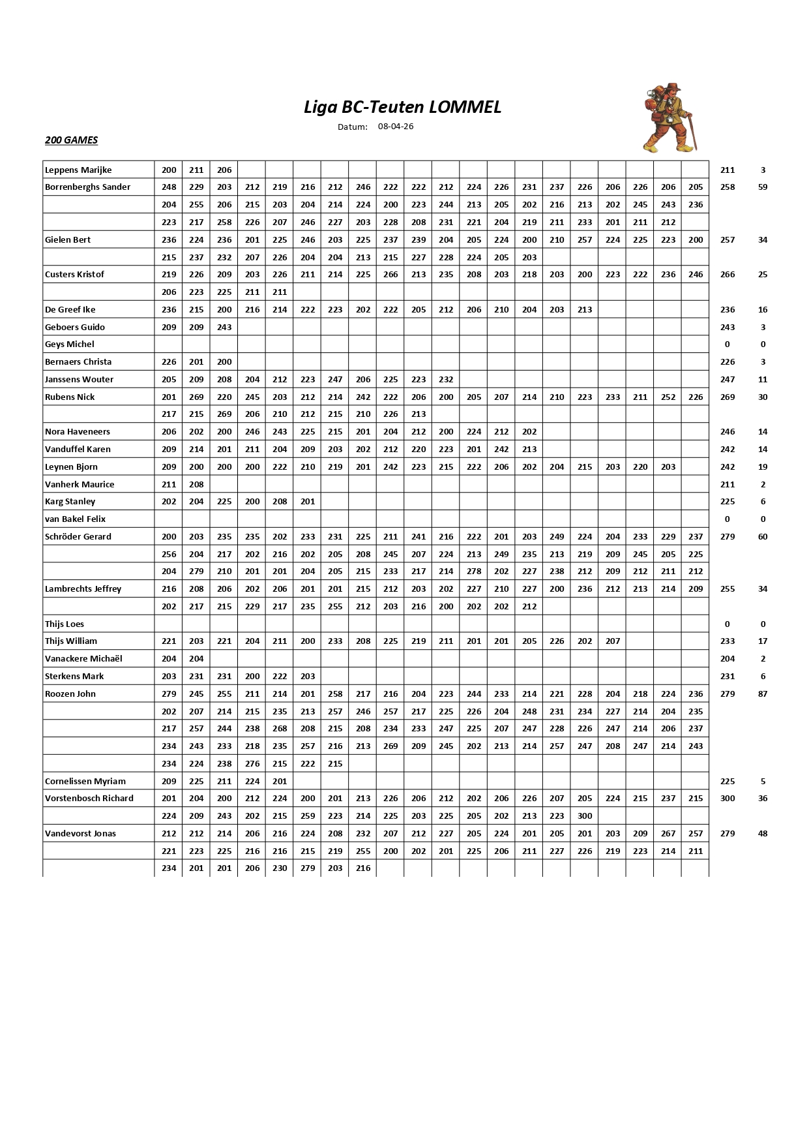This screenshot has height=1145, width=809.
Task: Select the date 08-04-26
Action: pos(396,127)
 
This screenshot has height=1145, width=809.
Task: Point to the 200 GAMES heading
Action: pos(72,140)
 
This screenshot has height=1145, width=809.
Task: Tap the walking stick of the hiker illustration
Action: pos(693,133)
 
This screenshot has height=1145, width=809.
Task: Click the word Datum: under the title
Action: pos(353,127)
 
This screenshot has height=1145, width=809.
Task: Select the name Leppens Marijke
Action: pos(78,170)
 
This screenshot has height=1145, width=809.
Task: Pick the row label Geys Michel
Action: pos(70,344)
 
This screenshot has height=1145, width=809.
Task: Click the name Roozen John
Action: pos(70,694)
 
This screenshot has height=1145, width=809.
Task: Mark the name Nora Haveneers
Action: pos(78,432)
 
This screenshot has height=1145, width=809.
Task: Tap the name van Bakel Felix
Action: pos(75,519)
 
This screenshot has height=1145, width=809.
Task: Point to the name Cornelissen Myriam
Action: pos(85,782)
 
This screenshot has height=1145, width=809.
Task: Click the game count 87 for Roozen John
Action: pos(763,694)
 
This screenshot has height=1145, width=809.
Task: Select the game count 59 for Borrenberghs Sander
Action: pos(763,187)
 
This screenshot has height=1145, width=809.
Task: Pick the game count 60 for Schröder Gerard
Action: pos(763,537)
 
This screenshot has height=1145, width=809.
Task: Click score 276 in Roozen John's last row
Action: pos(252,764)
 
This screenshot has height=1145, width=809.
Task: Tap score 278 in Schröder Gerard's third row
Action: pos(474,572)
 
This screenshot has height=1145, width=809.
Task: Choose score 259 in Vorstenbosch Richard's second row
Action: pos(308,816)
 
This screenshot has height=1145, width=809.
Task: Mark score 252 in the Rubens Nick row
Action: pos(668,397)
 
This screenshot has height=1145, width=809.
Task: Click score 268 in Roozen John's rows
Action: pos(280,729)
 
